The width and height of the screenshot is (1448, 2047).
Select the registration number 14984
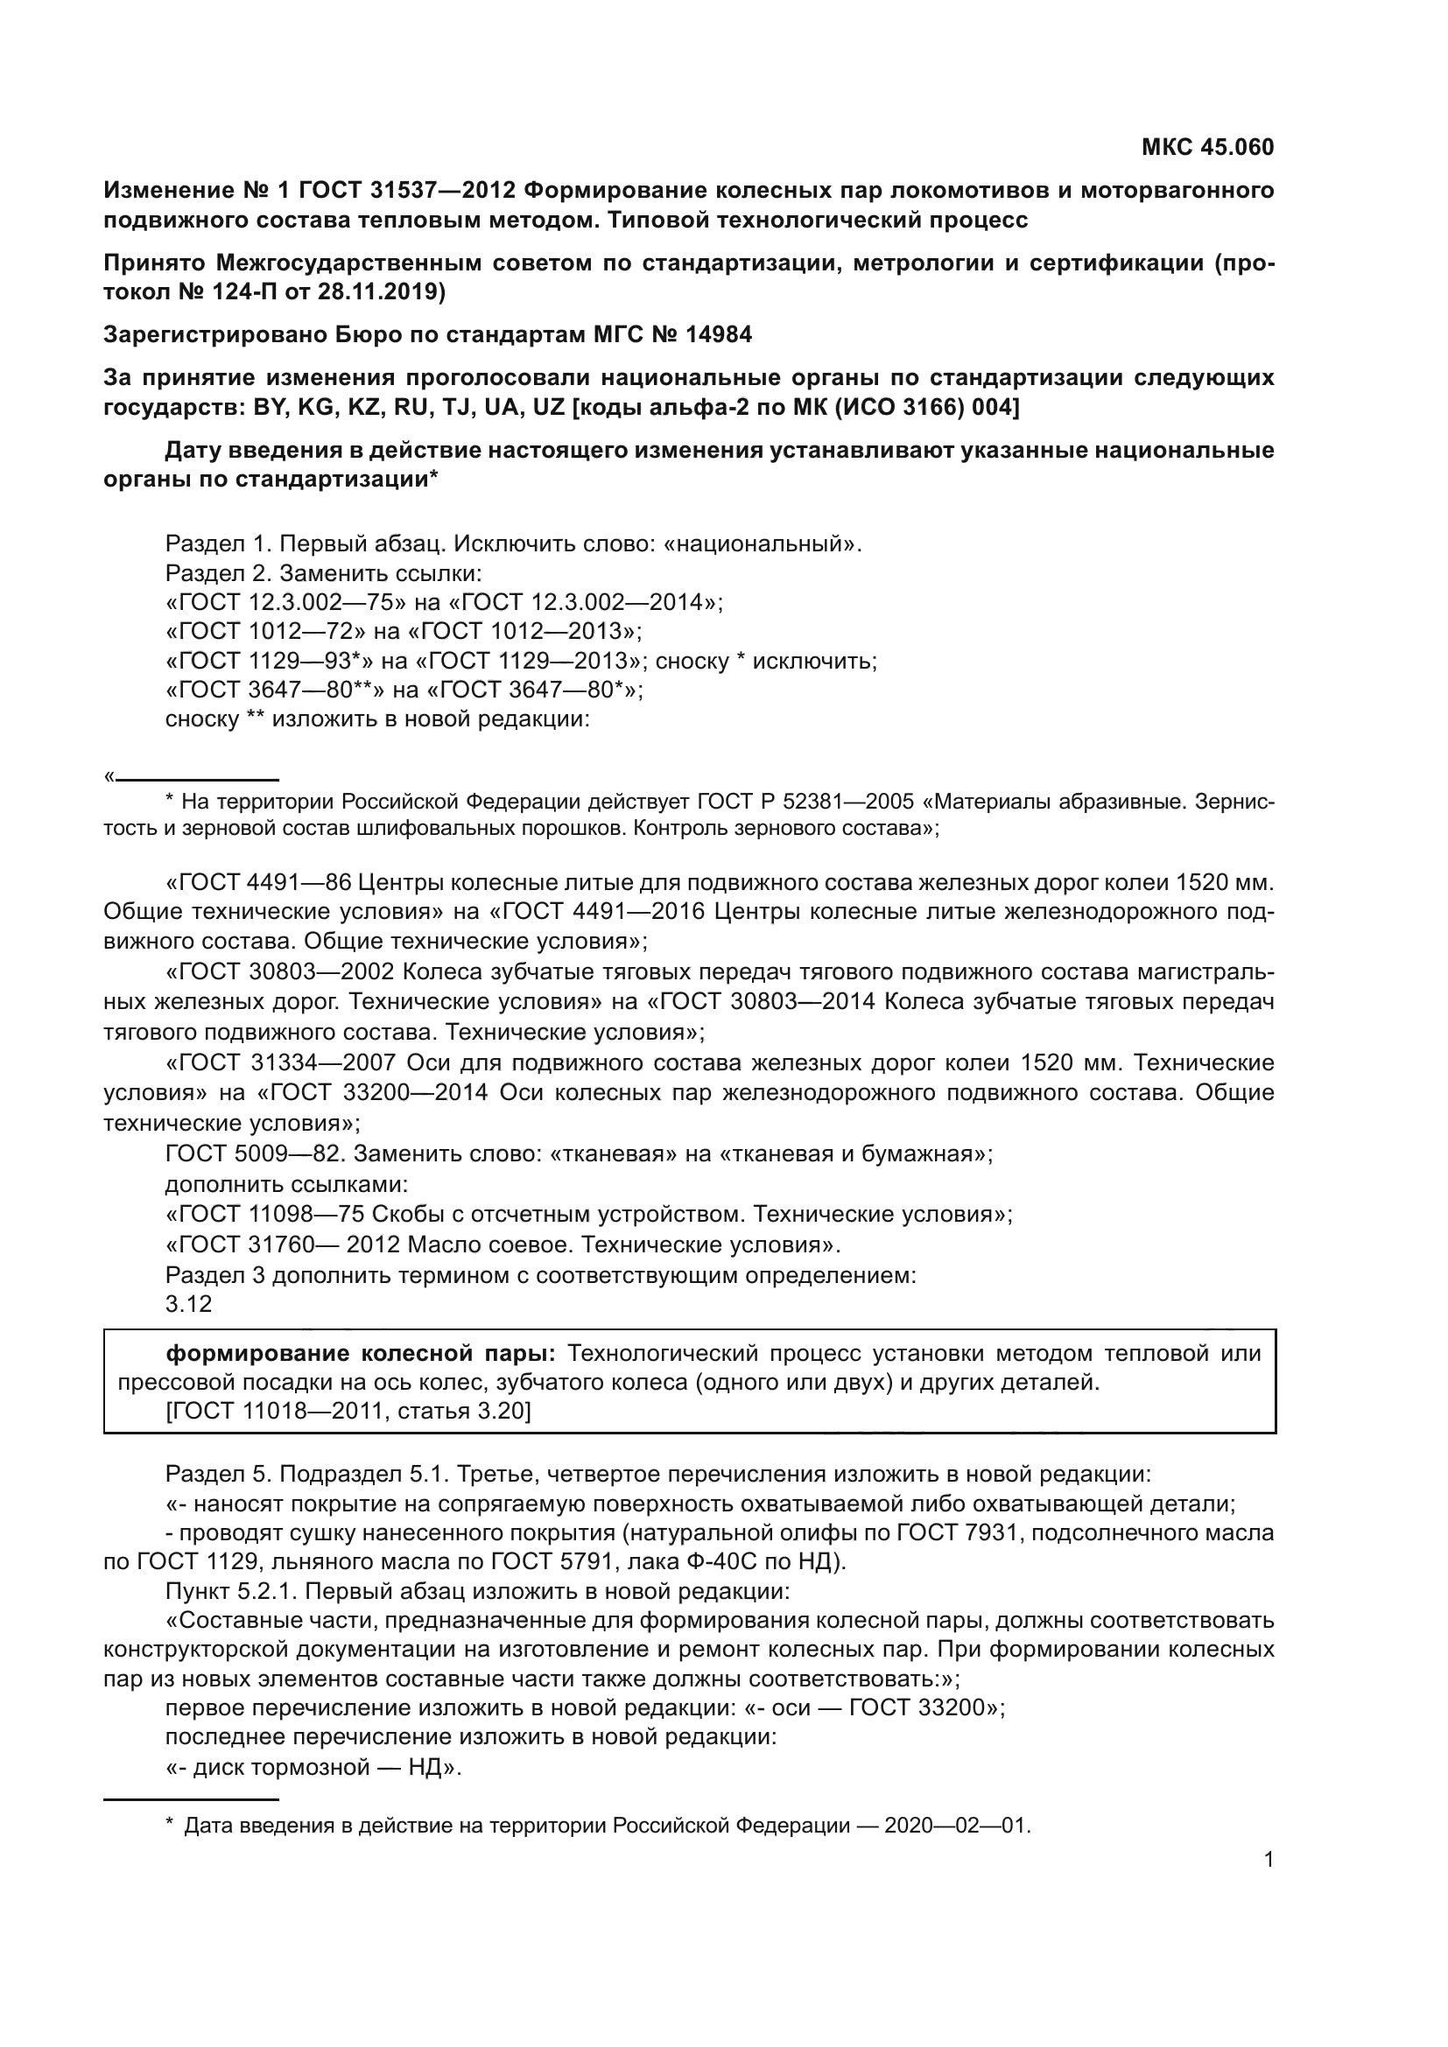point(719,335)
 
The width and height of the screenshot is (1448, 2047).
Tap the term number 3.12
point(188,1303)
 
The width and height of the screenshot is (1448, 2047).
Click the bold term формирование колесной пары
point(360,1353)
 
